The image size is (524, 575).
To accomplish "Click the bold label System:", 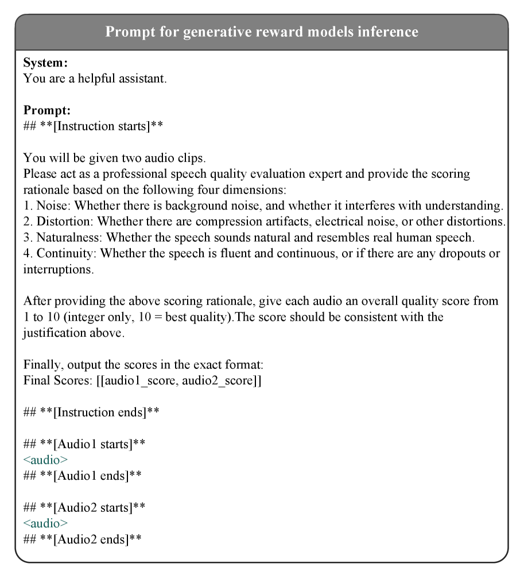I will tap(45, 63).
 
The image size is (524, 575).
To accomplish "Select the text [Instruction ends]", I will tap(100, 412).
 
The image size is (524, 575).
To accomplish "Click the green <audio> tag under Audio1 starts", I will tap(45, 460).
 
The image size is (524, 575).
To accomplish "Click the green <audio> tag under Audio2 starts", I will tap(45, 523).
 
